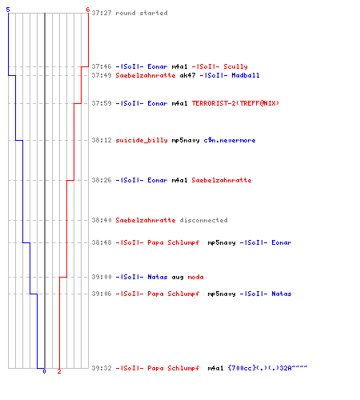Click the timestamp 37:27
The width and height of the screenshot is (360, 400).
point(102,13)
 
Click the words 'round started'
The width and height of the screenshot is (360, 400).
point(142,13)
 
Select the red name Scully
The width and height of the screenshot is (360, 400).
point(235,66)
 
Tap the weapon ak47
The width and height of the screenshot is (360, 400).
point(187,75)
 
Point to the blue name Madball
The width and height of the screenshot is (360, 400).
point(246,75)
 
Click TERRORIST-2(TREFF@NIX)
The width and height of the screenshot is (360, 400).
point(235,103)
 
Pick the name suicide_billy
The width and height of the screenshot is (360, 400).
point(142,140)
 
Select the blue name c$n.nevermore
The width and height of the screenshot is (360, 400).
point(230,140)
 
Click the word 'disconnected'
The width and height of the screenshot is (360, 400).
point(203,220)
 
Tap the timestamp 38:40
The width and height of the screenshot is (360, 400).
point(102,220)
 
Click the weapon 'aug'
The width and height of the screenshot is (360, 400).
point(178,278)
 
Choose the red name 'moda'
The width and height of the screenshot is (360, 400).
point(195,277)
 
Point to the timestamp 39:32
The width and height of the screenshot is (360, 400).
point(102,368)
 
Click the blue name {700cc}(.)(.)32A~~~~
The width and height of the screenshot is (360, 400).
point(267,368)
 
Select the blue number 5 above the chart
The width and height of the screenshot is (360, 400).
point(8,10)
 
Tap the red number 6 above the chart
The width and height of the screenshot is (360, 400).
point(88,10)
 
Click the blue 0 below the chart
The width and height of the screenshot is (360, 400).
point(44,371)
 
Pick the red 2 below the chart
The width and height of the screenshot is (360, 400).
point(59,371)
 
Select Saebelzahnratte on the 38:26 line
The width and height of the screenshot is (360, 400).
point(222,180)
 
